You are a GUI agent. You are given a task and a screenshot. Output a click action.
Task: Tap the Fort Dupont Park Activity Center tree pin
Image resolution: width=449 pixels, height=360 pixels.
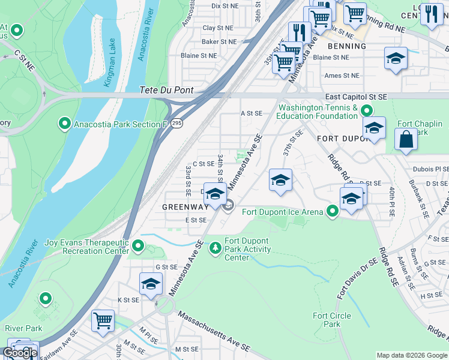click(215, 247)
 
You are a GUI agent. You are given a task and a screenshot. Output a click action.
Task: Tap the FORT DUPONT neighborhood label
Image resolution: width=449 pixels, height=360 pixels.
click(341, 138)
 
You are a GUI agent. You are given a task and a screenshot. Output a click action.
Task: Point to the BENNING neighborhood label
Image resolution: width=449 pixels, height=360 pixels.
click(346, 46)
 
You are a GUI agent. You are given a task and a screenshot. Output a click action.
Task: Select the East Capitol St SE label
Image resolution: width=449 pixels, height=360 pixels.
click(356, 97)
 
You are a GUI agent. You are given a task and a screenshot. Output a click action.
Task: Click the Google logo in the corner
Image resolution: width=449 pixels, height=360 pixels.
click(20, 353)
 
